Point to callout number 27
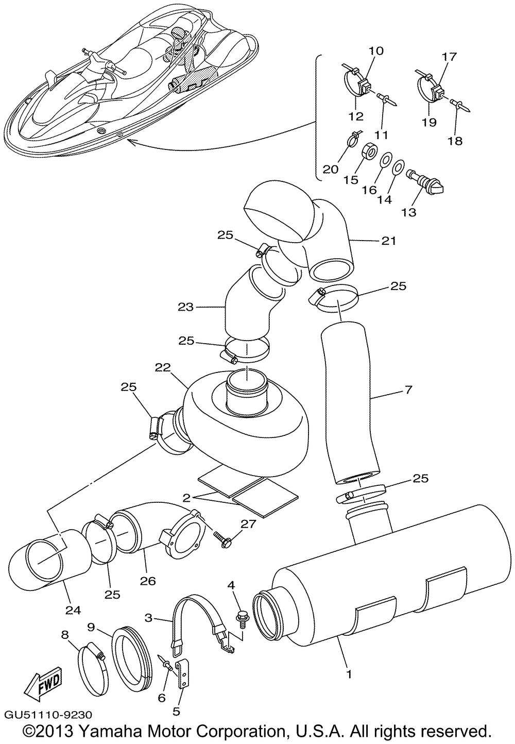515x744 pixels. pos(248,524)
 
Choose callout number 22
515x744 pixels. pos(162,368)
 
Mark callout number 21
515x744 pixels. pos(389,241)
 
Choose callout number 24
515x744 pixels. pos(73,611)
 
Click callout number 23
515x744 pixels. pos(186,307)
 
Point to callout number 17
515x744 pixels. pos(450,57)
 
